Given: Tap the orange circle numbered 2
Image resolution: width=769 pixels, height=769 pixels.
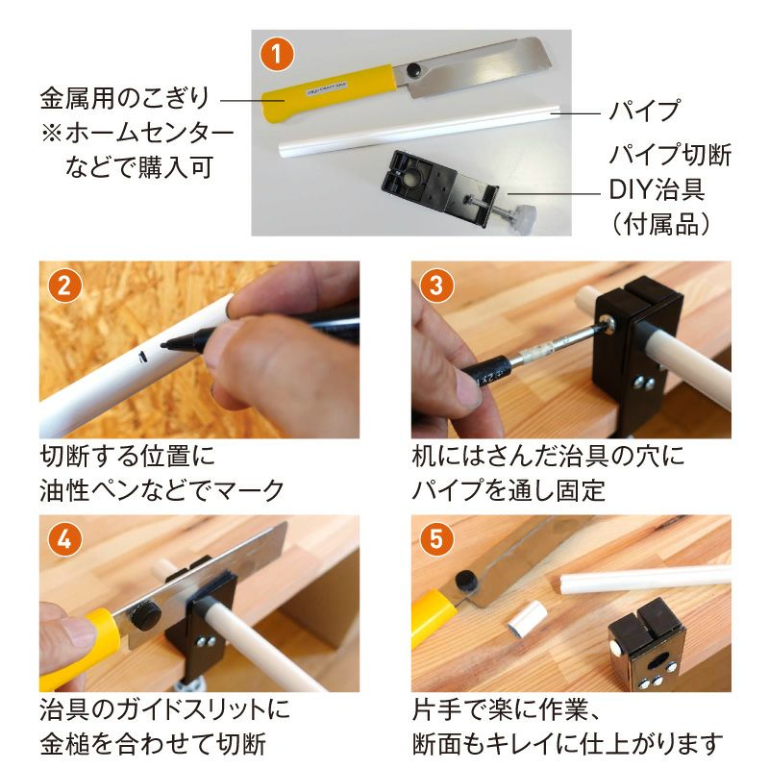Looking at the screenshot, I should (x=63, y=285).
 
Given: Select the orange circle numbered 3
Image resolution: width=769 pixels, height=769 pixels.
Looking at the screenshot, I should (x=435, y=285).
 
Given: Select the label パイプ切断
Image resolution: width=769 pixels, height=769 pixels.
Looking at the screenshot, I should (x=671, y=155).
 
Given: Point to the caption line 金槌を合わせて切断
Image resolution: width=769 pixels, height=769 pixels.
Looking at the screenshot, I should (x=153, y=743).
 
